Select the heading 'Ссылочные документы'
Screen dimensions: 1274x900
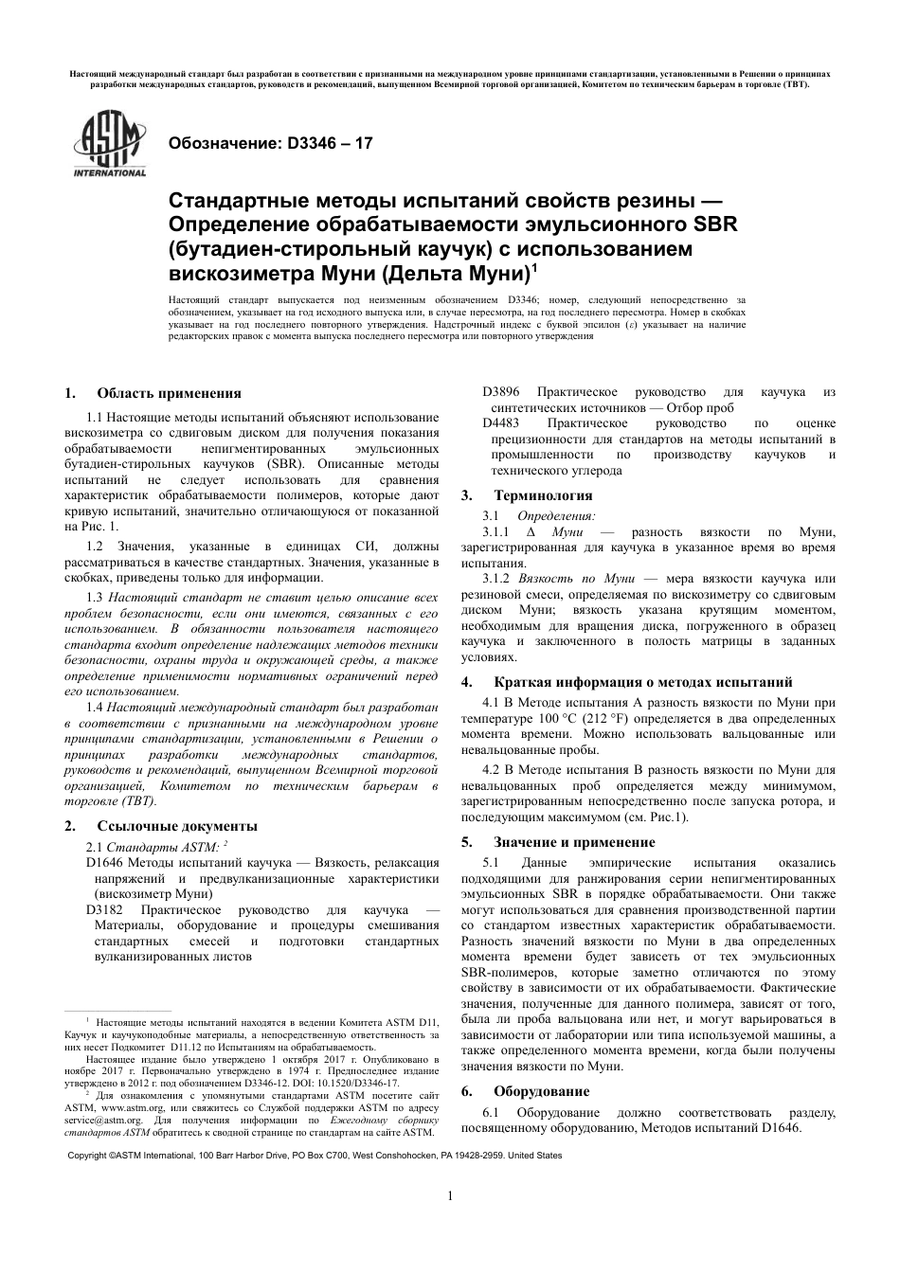(177, 826)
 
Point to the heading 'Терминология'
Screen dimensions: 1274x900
(543, 495)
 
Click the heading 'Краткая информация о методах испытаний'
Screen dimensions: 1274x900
(643, 682)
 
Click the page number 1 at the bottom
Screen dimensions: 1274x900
(450, 1195)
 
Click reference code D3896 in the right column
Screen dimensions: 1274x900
(501, 392)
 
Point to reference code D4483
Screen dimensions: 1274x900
(501, 423)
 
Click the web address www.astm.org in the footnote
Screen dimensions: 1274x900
(128, 1106)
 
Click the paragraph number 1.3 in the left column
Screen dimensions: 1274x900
(94, 597)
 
